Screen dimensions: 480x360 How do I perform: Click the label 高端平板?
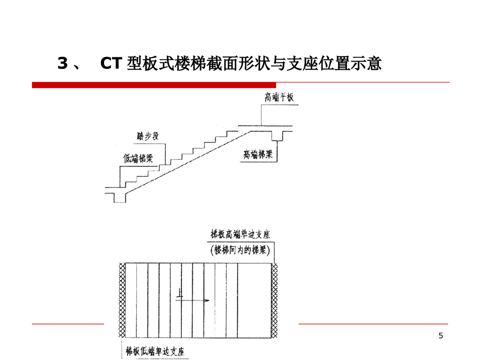279,97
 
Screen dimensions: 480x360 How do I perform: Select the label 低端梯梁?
138,158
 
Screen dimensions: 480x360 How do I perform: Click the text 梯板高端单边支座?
240,234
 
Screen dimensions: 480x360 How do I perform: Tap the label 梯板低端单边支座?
155,351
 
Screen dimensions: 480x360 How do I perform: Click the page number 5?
440,335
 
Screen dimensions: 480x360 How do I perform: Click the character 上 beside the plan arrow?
180,294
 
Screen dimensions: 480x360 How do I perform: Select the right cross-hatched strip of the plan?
275,300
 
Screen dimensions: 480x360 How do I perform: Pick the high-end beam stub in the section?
280,135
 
